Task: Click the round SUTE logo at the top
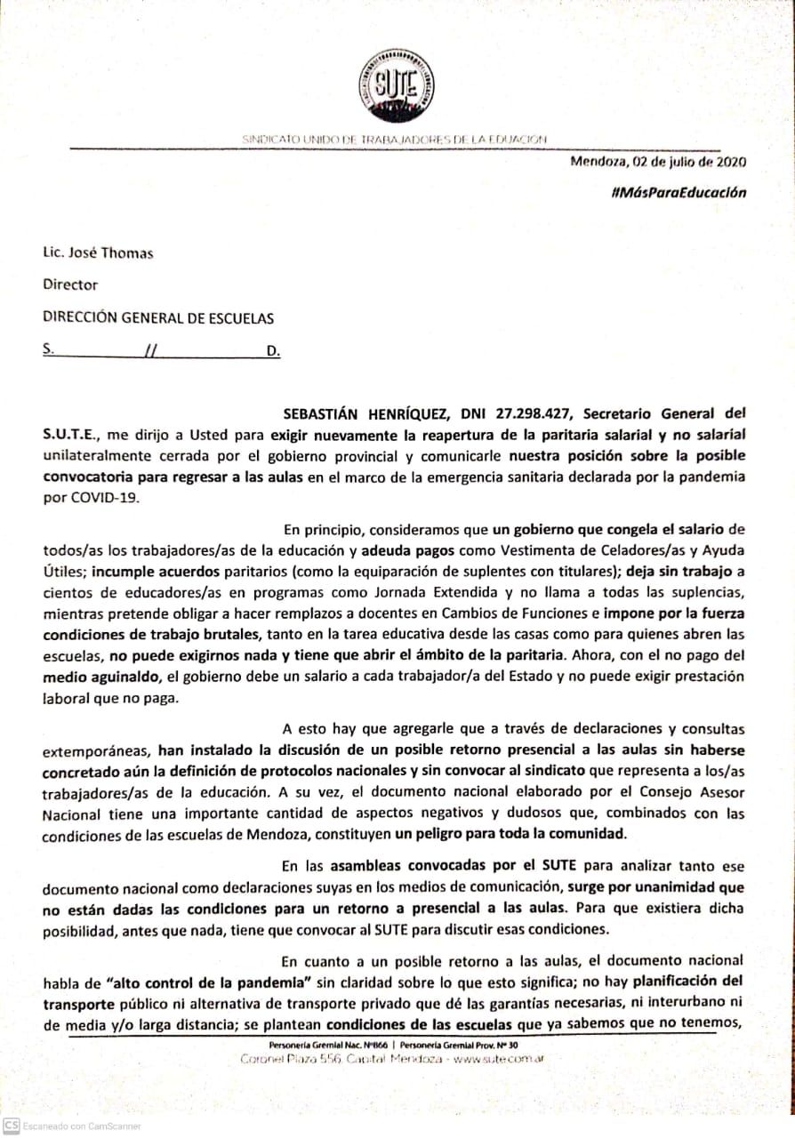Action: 391,86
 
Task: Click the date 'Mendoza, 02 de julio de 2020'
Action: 658,162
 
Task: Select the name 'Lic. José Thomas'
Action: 98,253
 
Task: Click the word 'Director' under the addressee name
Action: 70,285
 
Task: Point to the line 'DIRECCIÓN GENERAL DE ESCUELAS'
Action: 158,317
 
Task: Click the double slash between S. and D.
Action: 149,350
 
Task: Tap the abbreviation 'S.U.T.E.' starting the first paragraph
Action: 72,435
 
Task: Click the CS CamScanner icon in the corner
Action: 12,1126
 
